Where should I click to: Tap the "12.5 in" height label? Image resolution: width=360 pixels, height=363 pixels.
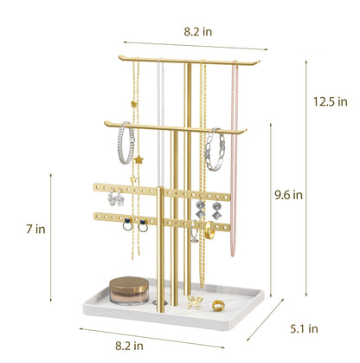pyautogui.click(x=330, y=101)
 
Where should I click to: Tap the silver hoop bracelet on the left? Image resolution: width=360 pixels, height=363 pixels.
pyautogui.click(x=125, y=143)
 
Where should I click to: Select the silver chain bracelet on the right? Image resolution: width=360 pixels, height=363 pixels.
pyautogui.click(x=214, y=149)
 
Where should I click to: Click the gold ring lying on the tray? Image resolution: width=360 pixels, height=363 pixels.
pyautogui.click(x=218, y=305)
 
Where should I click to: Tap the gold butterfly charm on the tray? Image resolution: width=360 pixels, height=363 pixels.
pyautogui.click(x=195, y=301)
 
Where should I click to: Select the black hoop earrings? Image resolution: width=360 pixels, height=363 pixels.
pyautogui.click(x=133, y=227)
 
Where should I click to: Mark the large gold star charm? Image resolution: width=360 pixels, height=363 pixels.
pyautogui.click(x=138, y=160)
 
